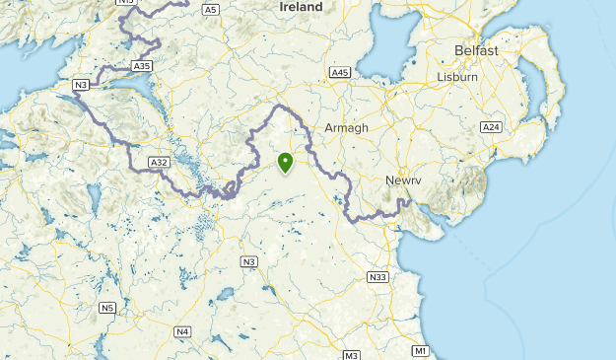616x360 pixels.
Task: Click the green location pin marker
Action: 286,163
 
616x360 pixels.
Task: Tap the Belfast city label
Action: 476,50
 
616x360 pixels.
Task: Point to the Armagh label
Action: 346,128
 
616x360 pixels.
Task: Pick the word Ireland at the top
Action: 301,7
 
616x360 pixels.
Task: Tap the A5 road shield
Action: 210,9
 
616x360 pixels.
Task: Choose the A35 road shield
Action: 142,66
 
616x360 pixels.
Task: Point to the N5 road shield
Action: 107,308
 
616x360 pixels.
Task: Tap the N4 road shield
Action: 182,331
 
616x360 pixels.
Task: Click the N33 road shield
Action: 377,277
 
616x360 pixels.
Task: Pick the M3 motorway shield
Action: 352,354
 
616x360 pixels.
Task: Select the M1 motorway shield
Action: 421,351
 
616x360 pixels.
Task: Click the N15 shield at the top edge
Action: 125,2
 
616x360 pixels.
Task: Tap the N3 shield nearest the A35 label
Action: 82,86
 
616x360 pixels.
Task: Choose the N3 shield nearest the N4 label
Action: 249,261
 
